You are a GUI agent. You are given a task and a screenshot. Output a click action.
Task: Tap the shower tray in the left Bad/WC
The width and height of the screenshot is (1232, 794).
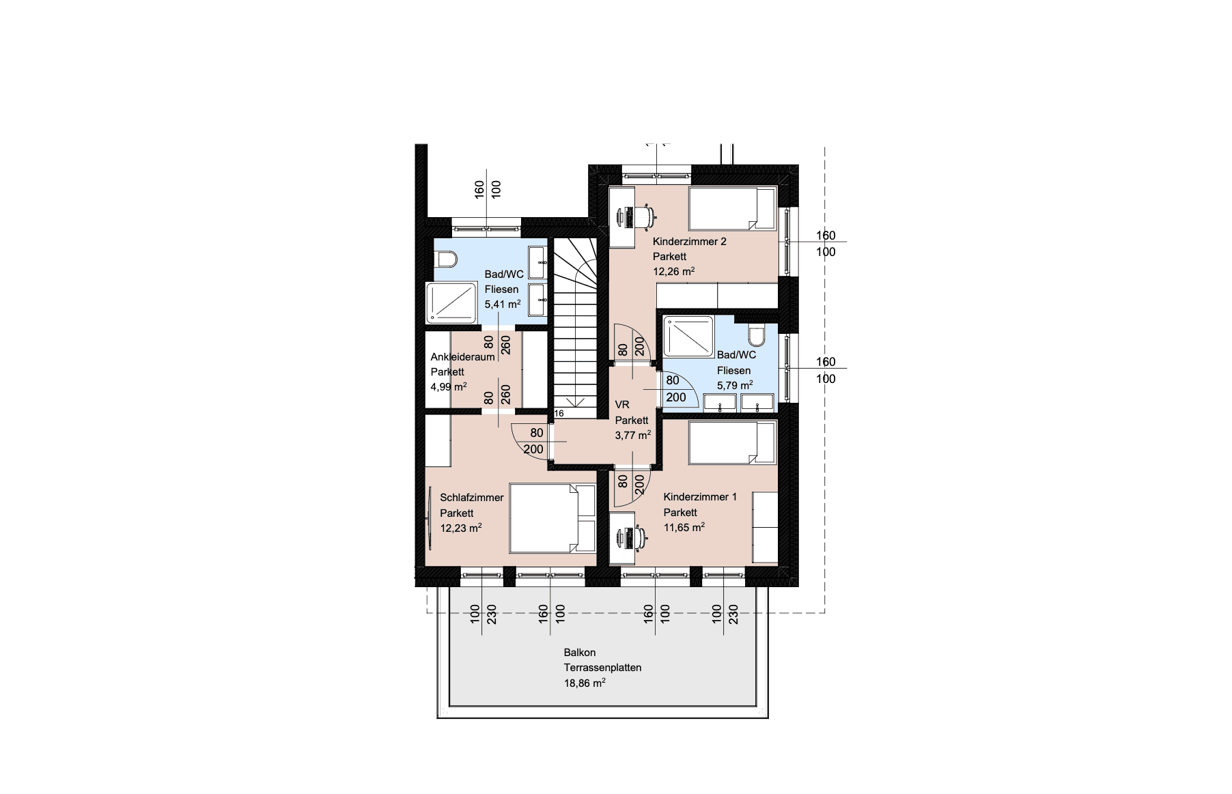tap(451, 302)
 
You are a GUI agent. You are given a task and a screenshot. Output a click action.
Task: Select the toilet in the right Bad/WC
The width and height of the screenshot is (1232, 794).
tap(757, 334)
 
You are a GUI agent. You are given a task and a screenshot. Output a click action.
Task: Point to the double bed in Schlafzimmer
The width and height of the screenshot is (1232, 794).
tap(552, 518)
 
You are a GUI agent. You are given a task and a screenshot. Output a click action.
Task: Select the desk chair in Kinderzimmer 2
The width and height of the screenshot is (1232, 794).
tap(643, 216)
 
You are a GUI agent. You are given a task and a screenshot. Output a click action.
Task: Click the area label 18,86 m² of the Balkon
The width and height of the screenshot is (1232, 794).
tap(585, 683)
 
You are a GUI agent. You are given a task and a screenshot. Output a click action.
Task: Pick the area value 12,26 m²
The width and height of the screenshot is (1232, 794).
tap(674, 271)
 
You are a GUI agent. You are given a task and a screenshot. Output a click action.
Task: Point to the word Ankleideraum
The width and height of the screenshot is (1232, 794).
tap(462, 357)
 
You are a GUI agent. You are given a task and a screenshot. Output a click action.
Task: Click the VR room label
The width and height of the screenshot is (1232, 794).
tap(622, 405)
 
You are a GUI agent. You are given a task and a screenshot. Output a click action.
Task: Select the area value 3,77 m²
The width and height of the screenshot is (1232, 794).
tap(633, 435)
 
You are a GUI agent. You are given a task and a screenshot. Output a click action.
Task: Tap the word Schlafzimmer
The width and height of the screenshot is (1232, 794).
tap(472, 498)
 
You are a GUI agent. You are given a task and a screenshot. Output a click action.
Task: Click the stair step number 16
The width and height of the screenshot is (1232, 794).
tap(559, 413)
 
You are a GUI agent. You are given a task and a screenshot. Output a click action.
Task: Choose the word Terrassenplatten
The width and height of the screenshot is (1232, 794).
tap(602, 668)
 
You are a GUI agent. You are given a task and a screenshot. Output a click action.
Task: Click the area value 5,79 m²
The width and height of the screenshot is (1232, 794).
tap(735, 385)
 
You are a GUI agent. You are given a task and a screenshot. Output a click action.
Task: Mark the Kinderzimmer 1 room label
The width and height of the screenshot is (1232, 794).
tap(700, 497)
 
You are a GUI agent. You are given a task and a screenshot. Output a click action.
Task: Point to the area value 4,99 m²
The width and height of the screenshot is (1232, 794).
tap(449, 386)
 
